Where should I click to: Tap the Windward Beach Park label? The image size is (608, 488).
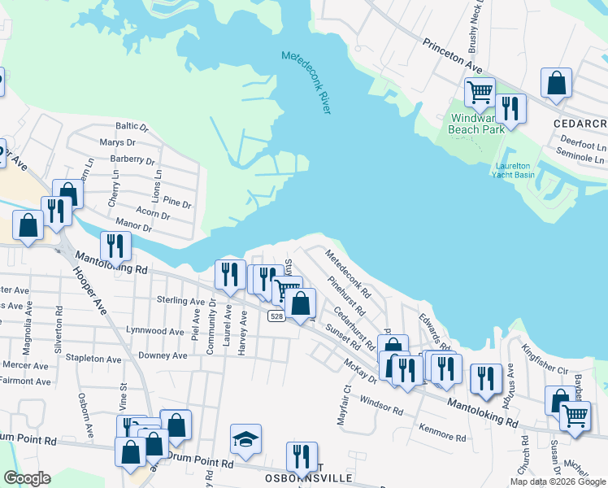tap(477, 123)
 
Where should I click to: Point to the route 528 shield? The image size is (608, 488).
tap(276, 316)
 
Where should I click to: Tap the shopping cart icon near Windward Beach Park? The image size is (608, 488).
tap(480, 92)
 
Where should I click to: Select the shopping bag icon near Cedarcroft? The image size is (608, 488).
tap(556, 83)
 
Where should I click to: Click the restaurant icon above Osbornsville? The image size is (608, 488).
tap(302, 457)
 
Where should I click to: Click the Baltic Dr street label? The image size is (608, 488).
tap(132, 126)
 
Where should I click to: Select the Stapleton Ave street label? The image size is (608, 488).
tap(95, 358)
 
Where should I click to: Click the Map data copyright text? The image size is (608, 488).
tap(558, 481)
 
